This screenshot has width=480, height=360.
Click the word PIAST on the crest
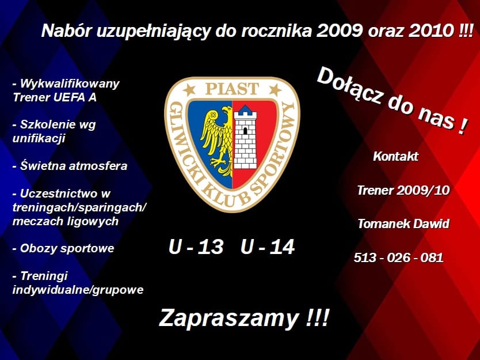pos(233,89)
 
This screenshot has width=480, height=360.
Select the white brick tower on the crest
pos(245,137)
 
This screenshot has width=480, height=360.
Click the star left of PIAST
pos(189,89)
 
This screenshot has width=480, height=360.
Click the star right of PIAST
pos(275,89)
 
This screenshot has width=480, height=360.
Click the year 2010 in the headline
pos(431,30)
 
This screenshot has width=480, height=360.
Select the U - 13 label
pos(196,247)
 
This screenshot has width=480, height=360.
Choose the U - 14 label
pos(268,247)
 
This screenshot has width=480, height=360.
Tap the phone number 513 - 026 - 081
pos(399,257)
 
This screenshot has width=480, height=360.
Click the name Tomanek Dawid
pos(403,223)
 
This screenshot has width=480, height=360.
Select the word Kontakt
pos(395,156)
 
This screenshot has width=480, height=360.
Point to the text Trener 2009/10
pos(403,190)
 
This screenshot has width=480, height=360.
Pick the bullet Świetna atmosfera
pos(70,166)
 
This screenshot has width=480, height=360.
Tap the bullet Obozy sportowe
pos(63,248)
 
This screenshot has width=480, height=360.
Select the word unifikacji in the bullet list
pos(39,138)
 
